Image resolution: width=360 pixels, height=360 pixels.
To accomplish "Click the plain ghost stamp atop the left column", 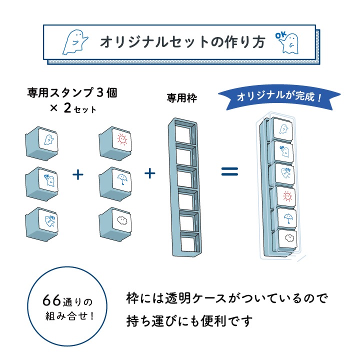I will (x=44, y=141).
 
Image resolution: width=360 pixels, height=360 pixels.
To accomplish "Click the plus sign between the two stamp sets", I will (x=77, y=174).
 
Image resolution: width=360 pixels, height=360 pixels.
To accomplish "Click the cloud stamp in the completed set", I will (x=288, y=239).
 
